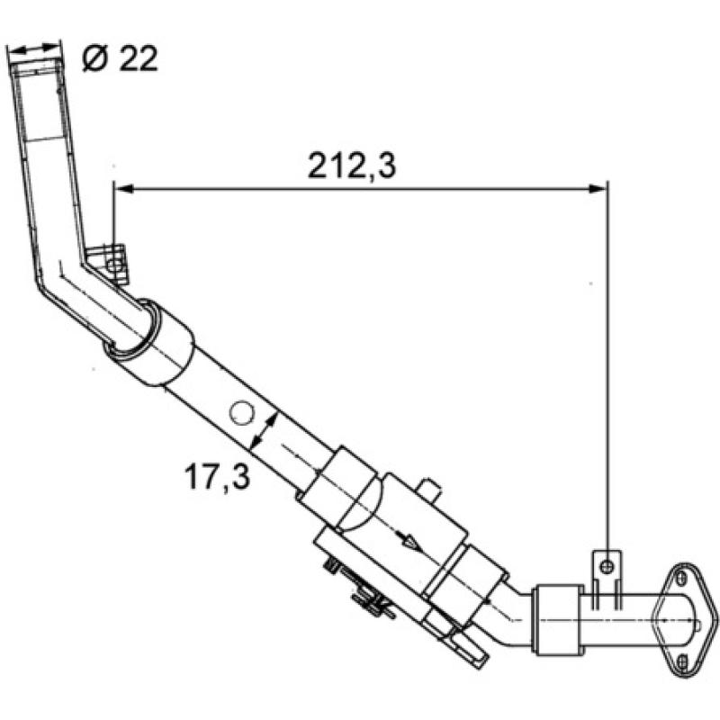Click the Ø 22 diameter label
pyautogui.click(x=119, y=58)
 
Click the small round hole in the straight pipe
pyautogui.click(x=241, y=413)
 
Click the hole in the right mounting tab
pyautogui.click(x=608, y=564)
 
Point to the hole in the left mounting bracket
pyautogui.click(x=113, y=263)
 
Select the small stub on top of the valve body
pyautogui.click(x=431, y=491)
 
